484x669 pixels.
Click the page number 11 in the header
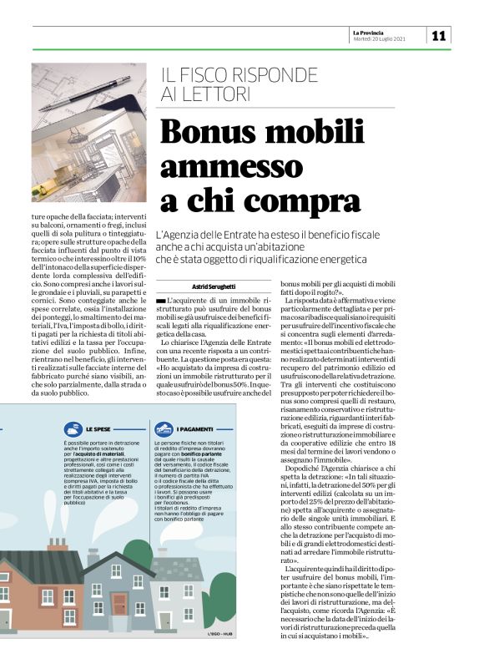pyautogui.click(x=439, y=35)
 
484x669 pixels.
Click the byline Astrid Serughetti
pyautogui.click(x=215, y=286)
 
